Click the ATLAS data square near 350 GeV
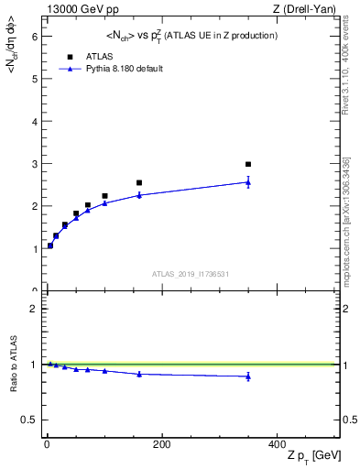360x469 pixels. tap(248, 165)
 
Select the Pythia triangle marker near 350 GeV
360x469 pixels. tap(248, 182)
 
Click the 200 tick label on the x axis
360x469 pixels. tap(162, 445)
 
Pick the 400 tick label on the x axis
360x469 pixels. tap(277, 445)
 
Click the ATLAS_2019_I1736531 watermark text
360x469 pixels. tap(190, 274)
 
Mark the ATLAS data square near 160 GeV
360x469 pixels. tap(139, 183)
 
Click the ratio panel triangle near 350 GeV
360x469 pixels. tap(248, 376)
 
